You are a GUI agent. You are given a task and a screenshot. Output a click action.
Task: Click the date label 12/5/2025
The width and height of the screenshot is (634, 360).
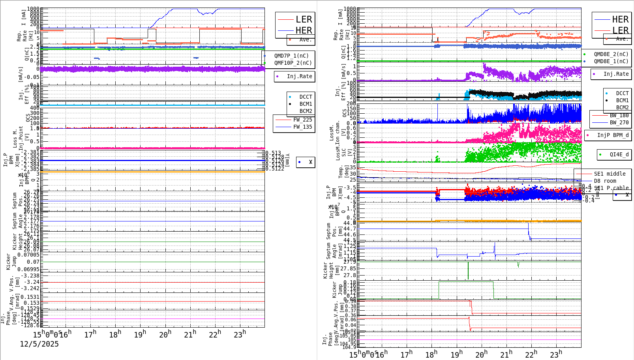39,344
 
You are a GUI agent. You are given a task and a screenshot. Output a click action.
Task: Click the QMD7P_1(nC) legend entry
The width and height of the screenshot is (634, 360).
291,56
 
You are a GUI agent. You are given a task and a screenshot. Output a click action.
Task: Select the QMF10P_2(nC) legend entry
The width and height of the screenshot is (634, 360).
293,63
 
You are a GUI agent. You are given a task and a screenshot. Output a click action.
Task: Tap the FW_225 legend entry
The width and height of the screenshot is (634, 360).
302,120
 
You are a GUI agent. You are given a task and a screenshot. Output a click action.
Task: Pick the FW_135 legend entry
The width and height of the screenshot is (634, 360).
302,127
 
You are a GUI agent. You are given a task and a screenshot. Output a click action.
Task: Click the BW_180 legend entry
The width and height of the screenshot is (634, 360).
619,115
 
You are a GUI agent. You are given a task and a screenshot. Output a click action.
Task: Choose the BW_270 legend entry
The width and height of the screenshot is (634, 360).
619,122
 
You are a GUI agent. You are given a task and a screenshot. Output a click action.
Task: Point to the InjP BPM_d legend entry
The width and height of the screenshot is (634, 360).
612,135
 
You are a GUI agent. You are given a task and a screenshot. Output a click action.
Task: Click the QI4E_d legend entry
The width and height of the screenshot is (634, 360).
619,154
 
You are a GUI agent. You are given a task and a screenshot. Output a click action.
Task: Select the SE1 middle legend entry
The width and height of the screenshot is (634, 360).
609,174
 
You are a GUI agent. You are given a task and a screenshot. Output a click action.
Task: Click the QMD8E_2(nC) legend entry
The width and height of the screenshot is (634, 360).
611,54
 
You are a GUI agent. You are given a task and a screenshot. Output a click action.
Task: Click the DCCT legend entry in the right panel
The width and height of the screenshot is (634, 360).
622,93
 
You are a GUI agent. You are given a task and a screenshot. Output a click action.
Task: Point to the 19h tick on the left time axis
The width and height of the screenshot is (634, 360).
139,334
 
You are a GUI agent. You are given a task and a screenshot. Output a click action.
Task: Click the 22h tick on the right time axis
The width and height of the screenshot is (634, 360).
531,354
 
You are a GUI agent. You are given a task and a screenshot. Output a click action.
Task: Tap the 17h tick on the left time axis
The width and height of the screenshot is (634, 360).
90,334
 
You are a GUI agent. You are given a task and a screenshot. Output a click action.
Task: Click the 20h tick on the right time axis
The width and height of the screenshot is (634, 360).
481,354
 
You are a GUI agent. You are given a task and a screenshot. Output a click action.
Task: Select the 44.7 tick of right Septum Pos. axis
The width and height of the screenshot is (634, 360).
349,229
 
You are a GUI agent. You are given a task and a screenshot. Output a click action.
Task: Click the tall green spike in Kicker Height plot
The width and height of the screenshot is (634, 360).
468,270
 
